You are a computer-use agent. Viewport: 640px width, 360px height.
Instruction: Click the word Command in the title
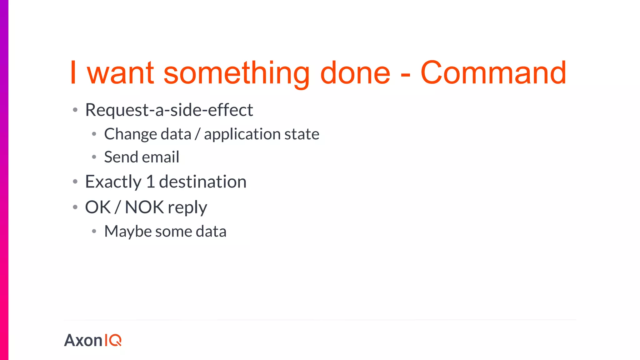[x=493, y=73]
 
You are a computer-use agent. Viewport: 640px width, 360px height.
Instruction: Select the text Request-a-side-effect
[x=169, y=110]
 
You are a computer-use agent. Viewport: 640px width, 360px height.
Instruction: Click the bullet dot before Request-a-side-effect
[x=75, y=110]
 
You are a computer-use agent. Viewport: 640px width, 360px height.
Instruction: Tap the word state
[x=302, y=134]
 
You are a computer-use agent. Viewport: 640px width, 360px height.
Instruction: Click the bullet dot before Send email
[x=94, y=157]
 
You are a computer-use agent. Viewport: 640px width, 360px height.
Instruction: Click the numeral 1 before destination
[x=151, y=182]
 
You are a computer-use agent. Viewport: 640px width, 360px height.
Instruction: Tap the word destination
[x=202, y=182]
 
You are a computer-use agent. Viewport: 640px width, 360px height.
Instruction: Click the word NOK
[x=144, y=207]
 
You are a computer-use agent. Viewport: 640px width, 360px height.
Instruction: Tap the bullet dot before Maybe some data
[x=94, y=232]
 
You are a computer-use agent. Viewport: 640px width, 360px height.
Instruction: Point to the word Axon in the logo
[x=83, y=340]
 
